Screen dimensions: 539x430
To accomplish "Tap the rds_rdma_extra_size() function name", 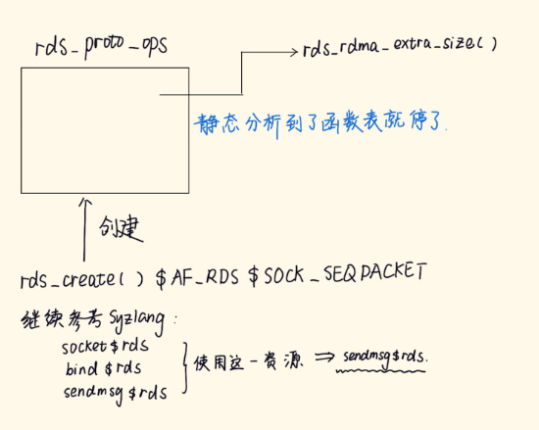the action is point(400,46).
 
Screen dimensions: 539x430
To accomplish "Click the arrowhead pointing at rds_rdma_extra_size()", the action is point(294,52).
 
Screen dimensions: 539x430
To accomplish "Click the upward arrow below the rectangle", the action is point(84,229).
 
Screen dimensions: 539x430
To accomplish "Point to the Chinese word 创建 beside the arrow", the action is point(121,227).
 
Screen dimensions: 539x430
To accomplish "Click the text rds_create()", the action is point(81,279).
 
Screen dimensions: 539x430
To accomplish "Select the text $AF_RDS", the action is point(197,277).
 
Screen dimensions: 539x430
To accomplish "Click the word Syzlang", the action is point(137,321).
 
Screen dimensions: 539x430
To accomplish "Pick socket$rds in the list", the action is point(105,346).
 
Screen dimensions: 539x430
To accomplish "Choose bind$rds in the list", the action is point(103,368).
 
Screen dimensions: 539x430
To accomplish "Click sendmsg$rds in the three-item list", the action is point(116,393).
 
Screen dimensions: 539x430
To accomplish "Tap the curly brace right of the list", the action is point(185,367).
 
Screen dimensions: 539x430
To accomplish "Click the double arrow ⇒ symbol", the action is point(324,358).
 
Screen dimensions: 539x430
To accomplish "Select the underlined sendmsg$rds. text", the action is point(385,358).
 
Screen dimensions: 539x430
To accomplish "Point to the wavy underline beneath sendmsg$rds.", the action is point(381,371).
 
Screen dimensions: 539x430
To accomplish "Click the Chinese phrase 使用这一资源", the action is point(248,362).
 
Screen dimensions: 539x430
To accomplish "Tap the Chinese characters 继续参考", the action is point(62,320).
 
